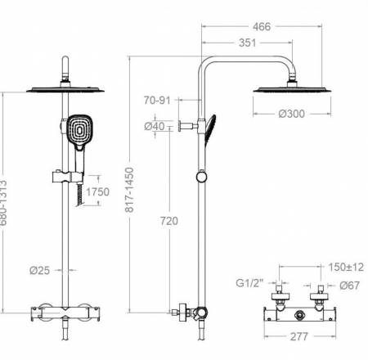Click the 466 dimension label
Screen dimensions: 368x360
(262, 27)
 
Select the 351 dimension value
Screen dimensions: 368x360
(248, 43)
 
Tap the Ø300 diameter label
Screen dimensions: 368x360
(291, 114)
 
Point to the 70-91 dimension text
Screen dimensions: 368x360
(157, 101)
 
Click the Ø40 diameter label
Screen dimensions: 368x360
(155, 126)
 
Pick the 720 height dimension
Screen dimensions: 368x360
(169, 221)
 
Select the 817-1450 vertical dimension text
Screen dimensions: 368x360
(129, 190)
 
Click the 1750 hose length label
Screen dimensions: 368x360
(97, 191)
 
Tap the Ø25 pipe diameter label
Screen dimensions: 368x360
(40, 270)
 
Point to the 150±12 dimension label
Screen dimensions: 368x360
(346, 267)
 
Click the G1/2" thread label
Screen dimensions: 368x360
(249, 283)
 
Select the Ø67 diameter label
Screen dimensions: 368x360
(350, 286)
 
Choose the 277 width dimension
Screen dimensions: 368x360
(299, 336)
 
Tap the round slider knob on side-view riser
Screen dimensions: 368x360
(201, 177)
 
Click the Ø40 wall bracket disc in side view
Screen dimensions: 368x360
(181, 126)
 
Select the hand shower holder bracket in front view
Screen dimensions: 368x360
(68, 178)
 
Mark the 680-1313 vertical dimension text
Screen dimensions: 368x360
(3, 202)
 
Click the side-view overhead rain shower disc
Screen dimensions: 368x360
(292, 90)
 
